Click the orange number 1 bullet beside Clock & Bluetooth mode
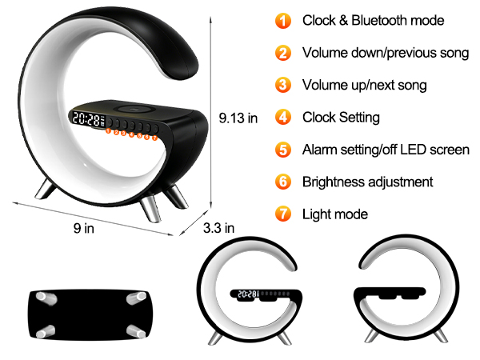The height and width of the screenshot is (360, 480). tap(283, 21)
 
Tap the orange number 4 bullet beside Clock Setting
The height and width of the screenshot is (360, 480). tap(283, 118)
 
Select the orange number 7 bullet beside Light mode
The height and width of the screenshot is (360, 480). tap(283, 214)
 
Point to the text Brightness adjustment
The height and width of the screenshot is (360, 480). tap(368, 182)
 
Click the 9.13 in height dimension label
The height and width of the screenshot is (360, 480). tap(238, 118)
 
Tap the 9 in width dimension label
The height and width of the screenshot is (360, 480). tap(83, 228)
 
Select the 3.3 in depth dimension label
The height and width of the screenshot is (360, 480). tap(218, 228)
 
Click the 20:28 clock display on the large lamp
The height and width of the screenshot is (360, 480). tap(86, 119)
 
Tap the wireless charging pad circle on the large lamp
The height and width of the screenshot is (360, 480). tap(133, 109)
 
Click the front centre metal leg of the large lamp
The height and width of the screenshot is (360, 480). tap(150, 209)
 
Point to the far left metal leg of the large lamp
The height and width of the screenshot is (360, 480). tap(46, 190)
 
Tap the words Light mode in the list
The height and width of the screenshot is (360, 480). tap(335, 214)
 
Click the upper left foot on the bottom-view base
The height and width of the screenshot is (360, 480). tap(46, 298)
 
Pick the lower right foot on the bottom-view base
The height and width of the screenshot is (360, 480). tap(136, 331)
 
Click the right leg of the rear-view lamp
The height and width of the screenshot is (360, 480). tap(441, 336)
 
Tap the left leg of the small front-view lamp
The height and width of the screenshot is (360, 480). tap(215, 338)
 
